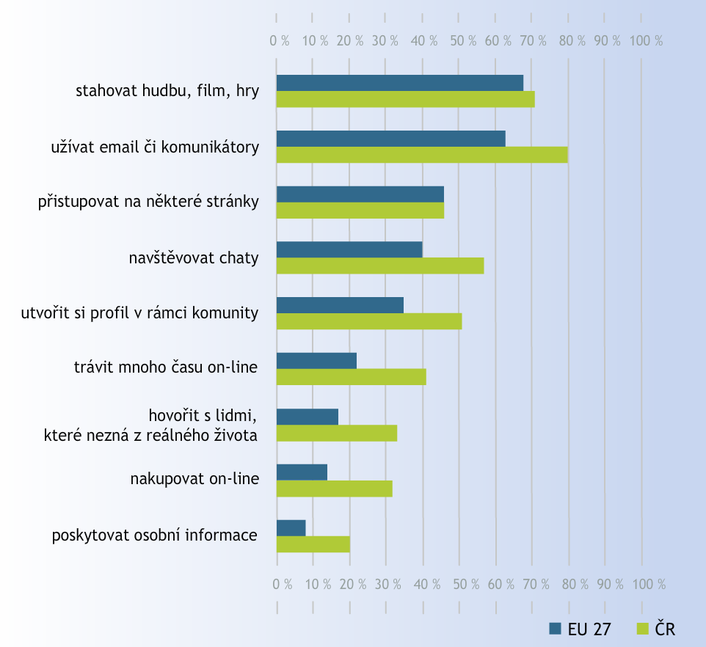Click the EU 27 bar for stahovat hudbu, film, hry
tap(400, 83)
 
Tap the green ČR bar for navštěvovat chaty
tap(380, 266)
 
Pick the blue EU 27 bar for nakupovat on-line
tap(302, 472)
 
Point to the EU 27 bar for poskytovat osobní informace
tap(291, 527)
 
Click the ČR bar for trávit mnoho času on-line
tap(351, 377)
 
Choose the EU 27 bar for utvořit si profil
tap(340, 305)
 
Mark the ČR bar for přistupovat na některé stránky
tap(360, 211)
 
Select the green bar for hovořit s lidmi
tap(337, 433)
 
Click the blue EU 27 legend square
tap(556, 629)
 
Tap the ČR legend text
tap(665, 629)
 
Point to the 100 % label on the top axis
tap(646, 41)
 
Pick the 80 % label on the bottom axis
tap(572, 585)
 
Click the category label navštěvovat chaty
tap(193, 257)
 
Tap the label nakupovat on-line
tap(194, 480)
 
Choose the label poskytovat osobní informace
tap(155, 535)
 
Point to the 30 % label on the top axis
tap(385, 41)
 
